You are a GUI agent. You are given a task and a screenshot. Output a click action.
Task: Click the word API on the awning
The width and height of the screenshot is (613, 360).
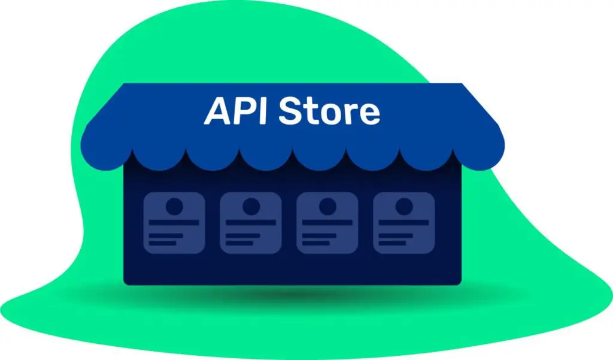(235, 111)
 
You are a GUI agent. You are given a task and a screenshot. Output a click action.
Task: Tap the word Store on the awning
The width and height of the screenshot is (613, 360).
(329, 111)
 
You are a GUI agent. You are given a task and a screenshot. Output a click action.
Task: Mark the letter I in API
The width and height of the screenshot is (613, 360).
(264, 111)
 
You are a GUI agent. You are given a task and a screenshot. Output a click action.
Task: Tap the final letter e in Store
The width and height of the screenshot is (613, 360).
(369, 115)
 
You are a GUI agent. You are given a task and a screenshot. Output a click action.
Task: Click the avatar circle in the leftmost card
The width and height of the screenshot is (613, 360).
(174, 206)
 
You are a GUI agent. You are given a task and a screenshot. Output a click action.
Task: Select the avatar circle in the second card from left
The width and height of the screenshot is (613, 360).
(251, 206)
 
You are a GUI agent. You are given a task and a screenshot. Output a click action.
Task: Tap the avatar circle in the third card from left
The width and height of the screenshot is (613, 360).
(327, 206)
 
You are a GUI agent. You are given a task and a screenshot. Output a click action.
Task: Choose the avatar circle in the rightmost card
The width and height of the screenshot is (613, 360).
(404, 206)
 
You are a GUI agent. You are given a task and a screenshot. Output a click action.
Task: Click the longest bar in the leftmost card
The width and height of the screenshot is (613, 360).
(174, 223)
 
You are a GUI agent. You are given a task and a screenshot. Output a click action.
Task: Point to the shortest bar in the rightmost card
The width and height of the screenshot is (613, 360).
(392, 243)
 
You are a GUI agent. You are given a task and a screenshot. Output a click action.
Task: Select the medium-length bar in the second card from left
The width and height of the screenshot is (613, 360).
(243, 235)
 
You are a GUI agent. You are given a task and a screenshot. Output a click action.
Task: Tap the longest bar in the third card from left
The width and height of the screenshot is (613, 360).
(327, 223)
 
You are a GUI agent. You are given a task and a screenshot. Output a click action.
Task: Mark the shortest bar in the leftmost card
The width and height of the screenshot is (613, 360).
(162, 243)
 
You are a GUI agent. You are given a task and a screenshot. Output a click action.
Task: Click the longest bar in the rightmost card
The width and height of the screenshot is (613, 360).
(404, 223)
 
